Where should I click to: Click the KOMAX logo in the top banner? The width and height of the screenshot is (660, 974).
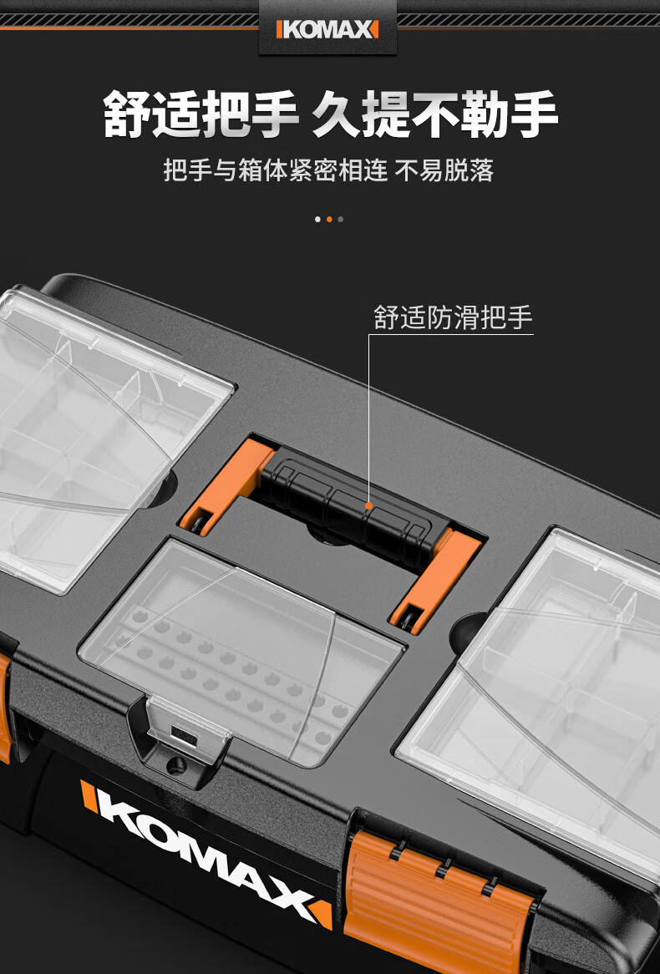coord(327,30)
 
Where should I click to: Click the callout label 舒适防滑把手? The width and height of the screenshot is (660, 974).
coord(453,318)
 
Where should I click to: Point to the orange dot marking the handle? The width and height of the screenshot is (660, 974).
coord(368,505)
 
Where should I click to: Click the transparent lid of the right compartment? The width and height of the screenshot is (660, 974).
coord(551,685)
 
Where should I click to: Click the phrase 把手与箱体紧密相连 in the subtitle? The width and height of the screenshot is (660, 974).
coord(276,170)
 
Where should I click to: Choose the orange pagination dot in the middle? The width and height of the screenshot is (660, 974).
coord(329,220)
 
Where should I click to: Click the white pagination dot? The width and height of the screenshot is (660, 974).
coord(317,220)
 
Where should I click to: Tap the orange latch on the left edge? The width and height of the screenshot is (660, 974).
coord(5,710)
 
